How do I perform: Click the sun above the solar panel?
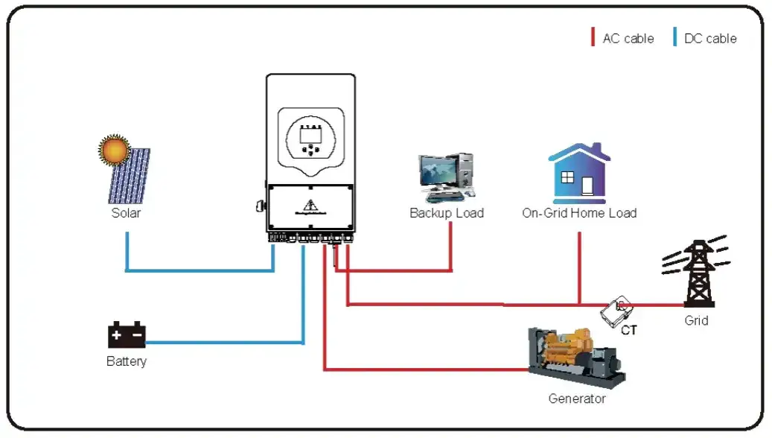(115, 149)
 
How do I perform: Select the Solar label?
(126, 213)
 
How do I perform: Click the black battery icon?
(127, 335)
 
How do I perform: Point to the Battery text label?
(127, 362)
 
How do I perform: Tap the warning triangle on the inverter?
(310, 206)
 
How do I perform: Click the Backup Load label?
(447, 213)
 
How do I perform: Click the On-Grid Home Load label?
(579, 213)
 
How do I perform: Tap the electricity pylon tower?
(698, 272)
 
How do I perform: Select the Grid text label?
(696, 321)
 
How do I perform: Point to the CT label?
(629, 330)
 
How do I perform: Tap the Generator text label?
(577, 399)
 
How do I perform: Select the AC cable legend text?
(628, 39)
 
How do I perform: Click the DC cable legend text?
(710, 39)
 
